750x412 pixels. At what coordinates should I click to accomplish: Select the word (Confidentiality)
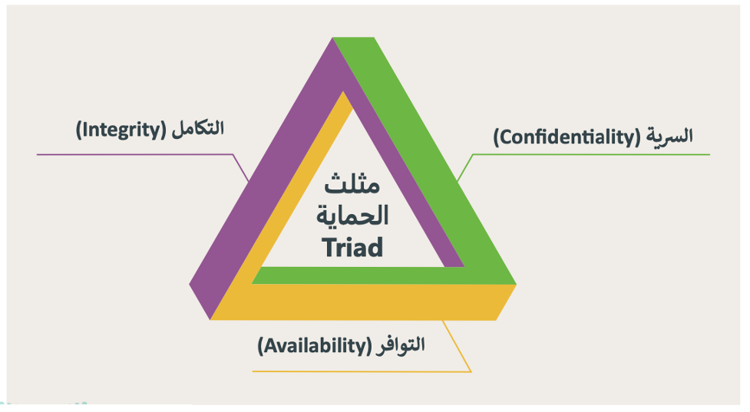pos(567,137)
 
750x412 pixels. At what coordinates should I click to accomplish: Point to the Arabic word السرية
pos(669,136)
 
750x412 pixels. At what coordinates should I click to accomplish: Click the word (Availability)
pos(314,345)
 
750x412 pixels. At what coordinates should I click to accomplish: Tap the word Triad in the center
pos(352,247)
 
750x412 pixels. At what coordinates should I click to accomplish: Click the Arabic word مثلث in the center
pos(352,184)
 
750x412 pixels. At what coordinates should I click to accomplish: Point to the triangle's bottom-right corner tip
pos(516,285)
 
